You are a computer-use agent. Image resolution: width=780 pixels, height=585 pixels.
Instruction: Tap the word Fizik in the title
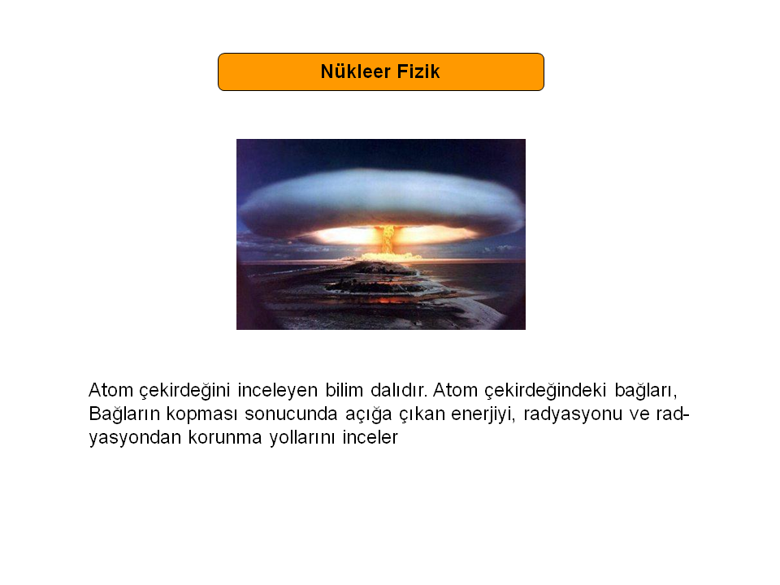tap(418, 71)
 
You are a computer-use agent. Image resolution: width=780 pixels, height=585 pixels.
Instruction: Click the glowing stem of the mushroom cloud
tap(388, 239)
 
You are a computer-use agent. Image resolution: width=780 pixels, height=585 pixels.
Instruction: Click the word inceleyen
tap(278, 390)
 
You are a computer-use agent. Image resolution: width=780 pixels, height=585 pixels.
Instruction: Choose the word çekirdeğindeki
tap(545, 391)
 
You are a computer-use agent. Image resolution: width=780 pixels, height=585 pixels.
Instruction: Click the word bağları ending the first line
tap(646, 391)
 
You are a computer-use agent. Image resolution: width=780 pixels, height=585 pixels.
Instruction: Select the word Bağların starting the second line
tap(123, 414)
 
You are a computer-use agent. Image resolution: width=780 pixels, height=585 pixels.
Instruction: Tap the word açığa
tap(369, 414)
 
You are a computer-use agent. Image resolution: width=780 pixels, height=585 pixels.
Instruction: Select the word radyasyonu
tap(573, 414)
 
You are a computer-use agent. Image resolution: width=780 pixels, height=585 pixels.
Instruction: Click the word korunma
tap(225, 437)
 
